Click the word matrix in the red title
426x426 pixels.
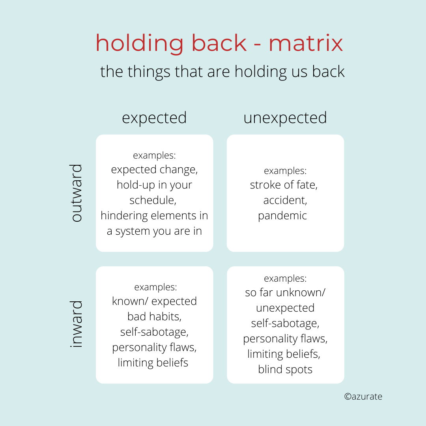[x=306, y=43]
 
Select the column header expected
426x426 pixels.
[x=154, y=118]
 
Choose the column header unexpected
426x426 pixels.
[x=285, y=118]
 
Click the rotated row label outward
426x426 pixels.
[x=77, y=193]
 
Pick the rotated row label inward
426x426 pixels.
[x=77, y=324]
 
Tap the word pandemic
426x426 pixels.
[x=282, y=216]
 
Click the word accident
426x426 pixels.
[x=285, y=200]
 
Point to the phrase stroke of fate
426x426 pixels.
[x=284, y=185]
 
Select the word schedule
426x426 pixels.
[x=152, y=200]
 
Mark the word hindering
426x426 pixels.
[x=125, y=216]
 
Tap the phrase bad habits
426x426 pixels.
[x=154, y=316]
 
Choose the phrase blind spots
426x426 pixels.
[x=285, y=370]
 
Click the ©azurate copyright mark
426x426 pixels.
[x=363, y=396]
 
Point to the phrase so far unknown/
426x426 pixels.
[x=285, y=293]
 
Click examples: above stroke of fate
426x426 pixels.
[x=285, y=171]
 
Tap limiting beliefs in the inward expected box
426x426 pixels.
[x=153, y=362]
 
